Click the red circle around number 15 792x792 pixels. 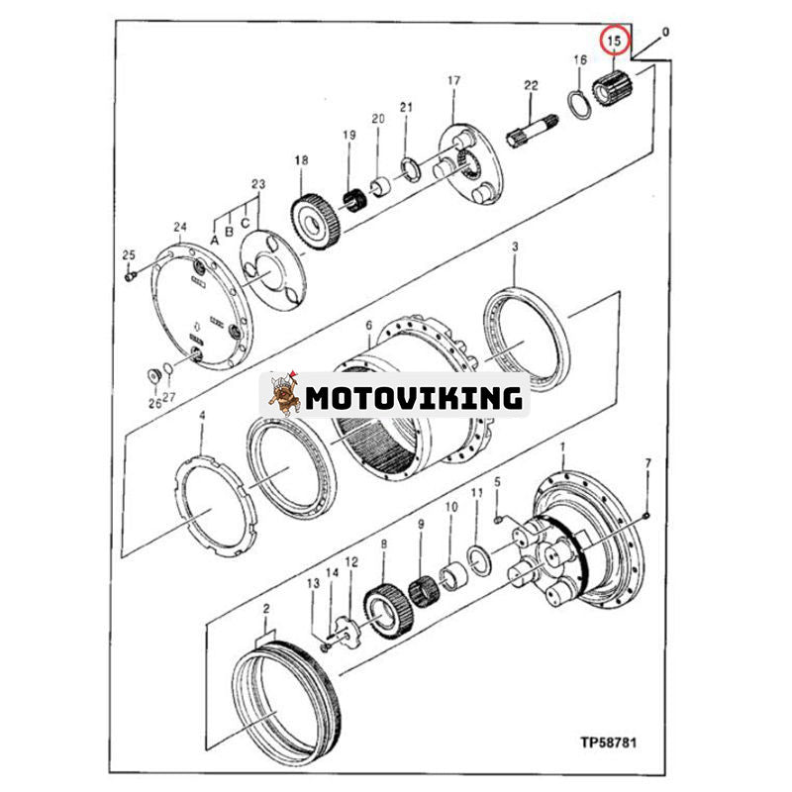click(614, 41)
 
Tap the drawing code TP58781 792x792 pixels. click(608, 742)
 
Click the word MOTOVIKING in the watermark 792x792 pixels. click(414, 398)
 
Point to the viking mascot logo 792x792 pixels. click(284, 394)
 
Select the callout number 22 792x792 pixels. click(531, 85)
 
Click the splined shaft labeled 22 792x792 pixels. click(533, 131)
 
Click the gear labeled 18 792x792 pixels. click(316, 224)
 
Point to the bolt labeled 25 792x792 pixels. click(131, 276)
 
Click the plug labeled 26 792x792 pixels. click(152, 376)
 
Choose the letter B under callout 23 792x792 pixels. click(230, 232)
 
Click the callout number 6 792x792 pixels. click(368, 326)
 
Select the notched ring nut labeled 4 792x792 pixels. click(216, 505)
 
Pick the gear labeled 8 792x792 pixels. click(387, 611)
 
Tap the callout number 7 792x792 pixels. click(648, 462)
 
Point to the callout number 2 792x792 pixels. click(265, 609)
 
